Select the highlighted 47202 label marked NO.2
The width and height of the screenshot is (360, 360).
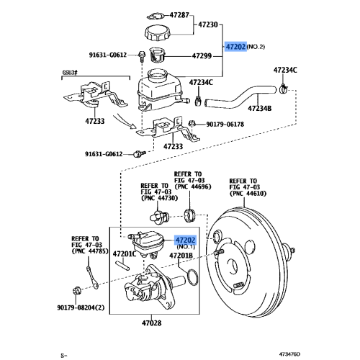(235, 45)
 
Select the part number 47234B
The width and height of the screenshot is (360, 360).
(260, 108)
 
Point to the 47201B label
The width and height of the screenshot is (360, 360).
(181, 256)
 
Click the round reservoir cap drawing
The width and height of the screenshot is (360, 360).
(159, 33)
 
